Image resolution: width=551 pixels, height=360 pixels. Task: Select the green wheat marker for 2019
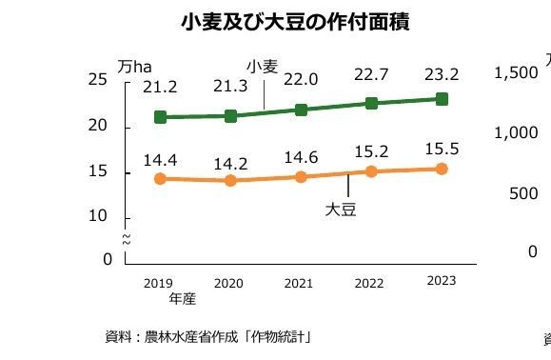[160, 117]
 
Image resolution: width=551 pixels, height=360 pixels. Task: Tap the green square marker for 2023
[442, 98]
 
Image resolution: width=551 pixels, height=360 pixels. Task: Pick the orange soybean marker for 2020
[230, 180]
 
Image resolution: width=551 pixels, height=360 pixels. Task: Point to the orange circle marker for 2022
[371, 171]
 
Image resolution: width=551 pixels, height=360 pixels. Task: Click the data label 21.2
[160, 88]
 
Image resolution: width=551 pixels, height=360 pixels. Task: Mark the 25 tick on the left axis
[98, 80]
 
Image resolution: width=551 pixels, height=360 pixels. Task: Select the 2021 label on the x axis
[299, 283]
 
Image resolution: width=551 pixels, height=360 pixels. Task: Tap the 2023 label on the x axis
[442, 280]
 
